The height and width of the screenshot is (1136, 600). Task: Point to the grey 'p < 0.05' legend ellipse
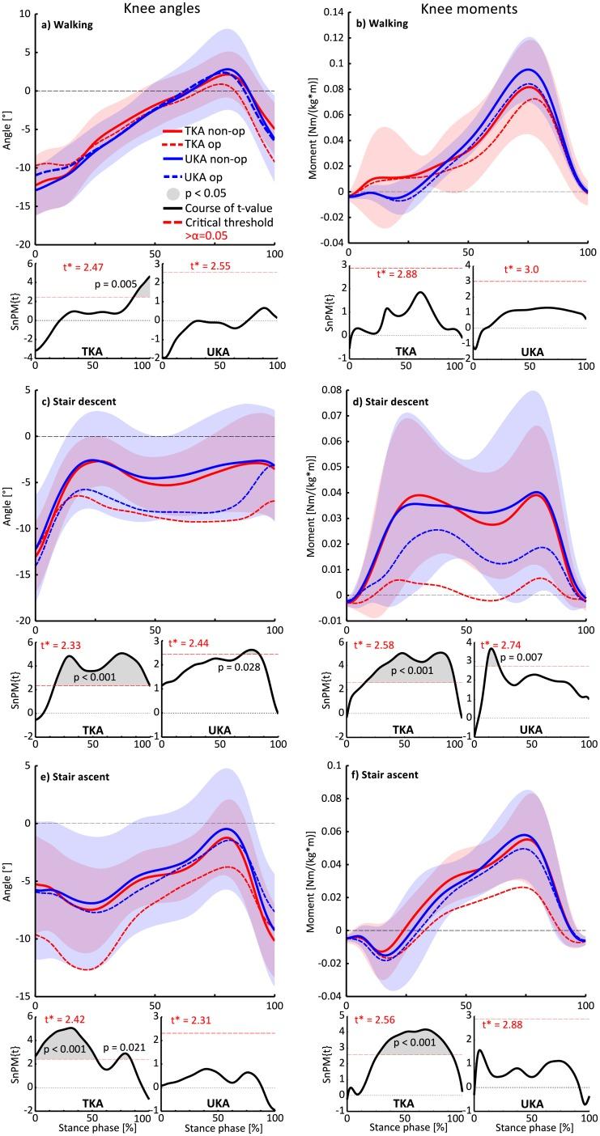(x=171, y=193)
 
